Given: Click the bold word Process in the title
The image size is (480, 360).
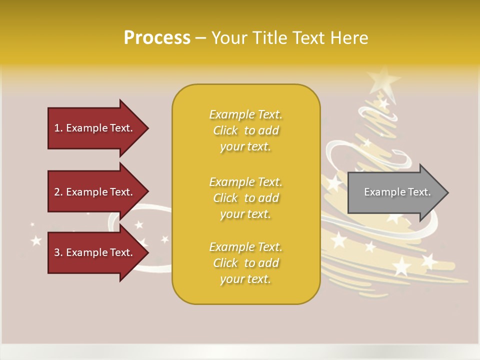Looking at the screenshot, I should [x=157, y=37].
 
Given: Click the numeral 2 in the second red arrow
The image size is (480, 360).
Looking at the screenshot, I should [x=57, y=192].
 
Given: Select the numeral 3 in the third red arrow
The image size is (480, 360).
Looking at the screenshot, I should [x=57, y=252].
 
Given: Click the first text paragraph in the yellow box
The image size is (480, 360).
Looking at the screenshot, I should [x=245, y=130].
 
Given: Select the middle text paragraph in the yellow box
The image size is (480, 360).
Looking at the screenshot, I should [x=245, y=198].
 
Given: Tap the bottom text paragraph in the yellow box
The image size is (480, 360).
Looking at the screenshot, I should [x=245, y=263].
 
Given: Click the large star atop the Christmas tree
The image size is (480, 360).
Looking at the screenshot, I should [x=383, y=79].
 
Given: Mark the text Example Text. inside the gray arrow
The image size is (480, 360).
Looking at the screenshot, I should [x=397, y=192].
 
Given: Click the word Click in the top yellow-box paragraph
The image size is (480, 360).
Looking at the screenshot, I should [x=225, y=130].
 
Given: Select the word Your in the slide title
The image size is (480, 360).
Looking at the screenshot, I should [x=230, y=37].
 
